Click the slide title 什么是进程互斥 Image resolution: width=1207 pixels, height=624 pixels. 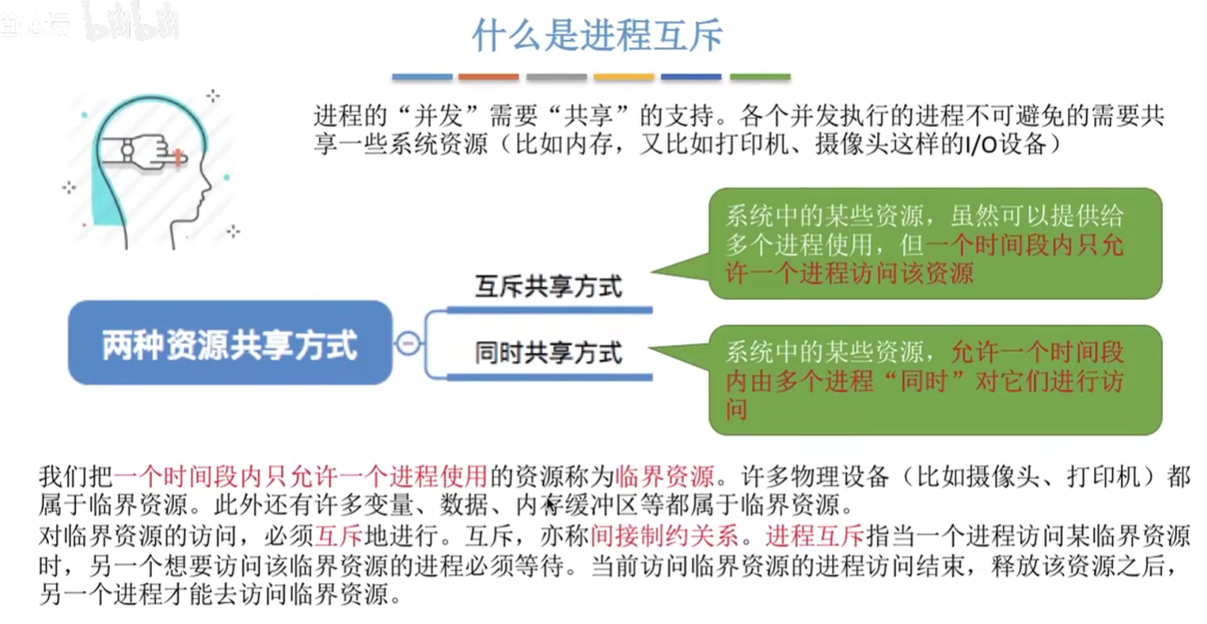(x=597, y=36)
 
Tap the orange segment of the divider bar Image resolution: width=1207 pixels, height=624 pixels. (x=488, y=77)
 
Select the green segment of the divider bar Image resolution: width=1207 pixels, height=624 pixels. (x=760, y=77)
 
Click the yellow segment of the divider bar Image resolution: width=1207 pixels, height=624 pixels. (x=624, y=77)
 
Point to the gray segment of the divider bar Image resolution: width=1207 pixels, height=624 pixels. (x=557, y=77)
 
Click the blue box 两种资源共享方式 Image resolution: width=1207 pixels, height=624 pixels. (x=230, y=343)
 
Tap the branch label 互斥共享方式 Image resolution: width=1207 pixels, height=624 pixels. (x=549, y=286)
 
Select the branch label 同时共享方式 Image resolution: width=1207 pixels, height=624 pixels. (x=549, y=353)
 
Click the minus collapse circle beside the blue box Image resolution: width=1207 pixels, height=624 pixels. (x=408, y=343)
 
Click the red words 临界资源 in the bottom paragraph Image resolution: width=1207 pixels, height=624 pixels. (x=665, y=476)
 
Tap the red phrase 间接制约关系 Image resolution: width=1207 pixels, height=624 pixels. (x=665, y=535)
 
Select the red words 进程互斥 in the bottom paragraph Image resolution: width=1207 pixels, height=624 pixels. (x=814, y=535)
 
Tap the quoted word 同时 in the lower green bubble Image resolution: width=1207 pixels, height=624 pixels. (x=924, y=381)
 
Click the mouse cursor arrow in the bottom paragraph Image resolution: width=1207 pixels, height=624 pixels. (x=550, y=505)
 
